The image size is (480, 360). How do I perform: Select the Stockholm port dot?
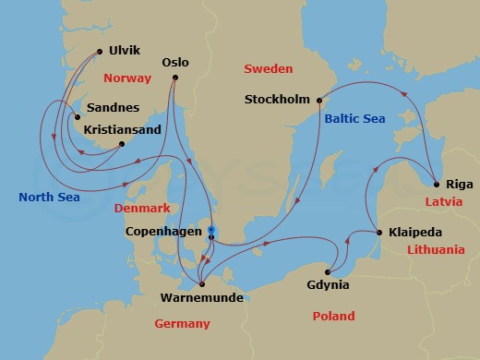(319, 100)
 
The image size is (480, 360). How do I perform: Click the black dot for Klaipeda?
(378, 233)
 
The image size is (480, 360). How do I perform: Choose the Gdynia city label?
(328, 285)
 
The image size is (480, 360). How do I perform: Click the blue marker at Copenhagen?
(210, 230)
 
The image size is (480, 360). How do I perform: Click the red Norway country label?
(127, 78)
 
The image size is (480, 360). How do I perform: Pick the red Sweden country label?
(268, 68)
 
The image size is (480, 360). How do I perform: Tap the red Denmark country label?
(144, 209)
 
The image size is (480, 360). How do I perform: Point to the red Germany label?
(182, 323)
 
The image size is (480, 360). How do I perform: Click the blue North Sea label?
(49, 197)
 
